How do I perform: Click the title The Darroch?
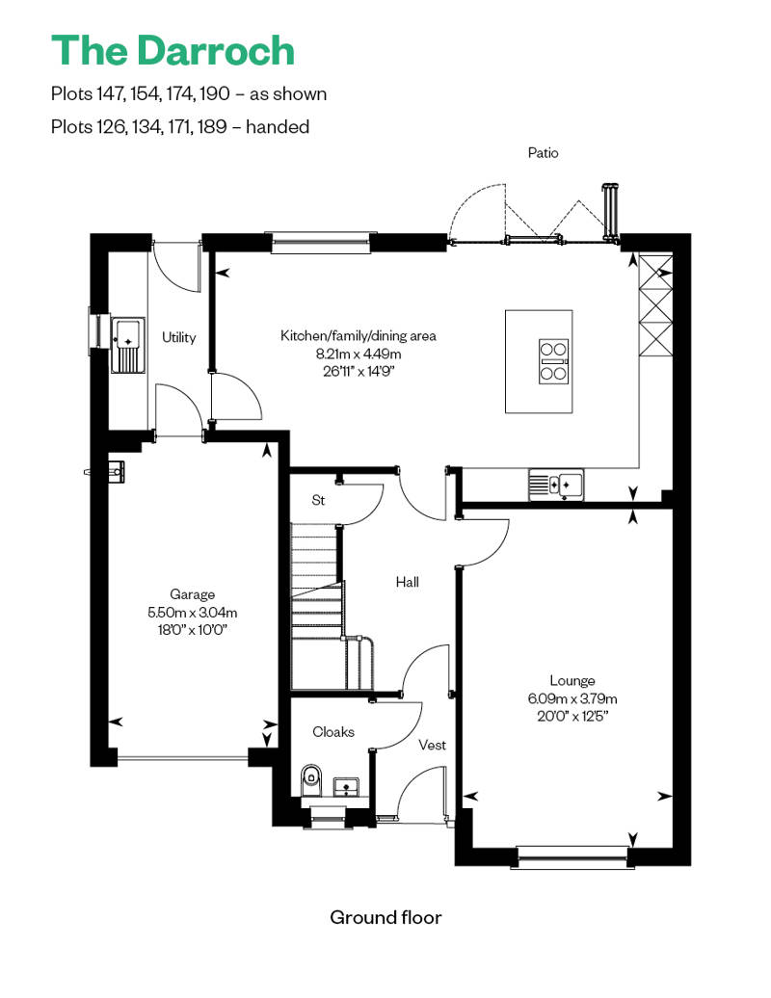click(x=173, y=50)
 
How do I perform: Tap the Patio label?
click(x=544, y=153)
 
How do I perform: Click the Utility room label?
click(x=179, y=337)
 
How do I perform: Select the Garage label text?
click(x=193, y=594)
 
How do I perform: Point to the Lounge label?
click(x=572, y=681)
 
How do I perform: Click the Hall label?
click(x=408, y=582)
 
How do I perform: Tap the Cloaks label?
click(x=332, y=732)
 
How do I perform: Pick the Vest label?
click(x=433, y=745)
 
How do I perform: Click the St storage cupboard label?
click(x=318, y=500)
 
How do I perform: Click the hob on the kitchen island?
click(x=553, y=361)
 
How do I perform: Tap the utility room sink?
click(x=127, y=345)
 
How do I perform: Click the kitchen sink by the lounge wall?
click(x=556, y=485)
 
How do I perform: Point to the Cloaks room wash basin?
click(x=347, y=787)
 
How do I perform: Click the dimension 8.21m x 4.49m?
click(x=359, y=354)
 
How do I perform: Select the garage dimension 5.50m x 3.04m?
click(x=193, y=613)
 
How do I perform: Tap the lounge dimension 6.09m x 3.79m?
click(x=572, y=698)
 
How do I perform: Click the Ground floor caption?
click(x=385, y=917)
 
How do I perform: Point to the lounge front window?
click(x=572, y=856)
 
